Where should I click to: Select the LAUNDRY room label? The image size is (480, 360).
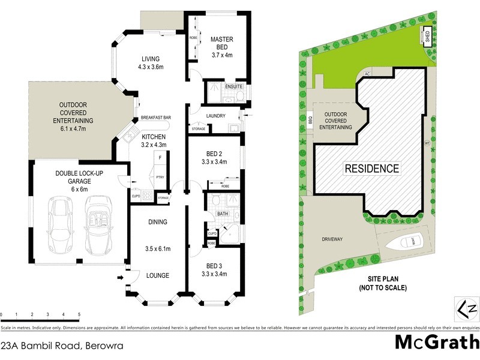(215, 115)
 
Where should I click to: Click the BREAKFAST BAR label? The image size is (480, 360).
(155, 118)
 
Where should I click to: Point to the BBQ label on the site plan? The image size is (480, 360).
(311, 120)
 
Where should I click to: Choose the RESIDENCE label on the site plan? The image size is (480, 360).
(371, 169)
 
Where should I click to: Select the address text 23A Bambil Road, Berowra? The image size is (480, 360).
(50, 346)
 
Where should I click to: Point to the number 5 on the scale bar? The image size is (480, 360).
(79, 314)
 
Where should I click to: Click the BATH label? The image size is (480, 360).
(223, 213)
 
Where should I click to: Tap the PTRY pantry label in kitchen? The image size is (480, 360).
(160, 177)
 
